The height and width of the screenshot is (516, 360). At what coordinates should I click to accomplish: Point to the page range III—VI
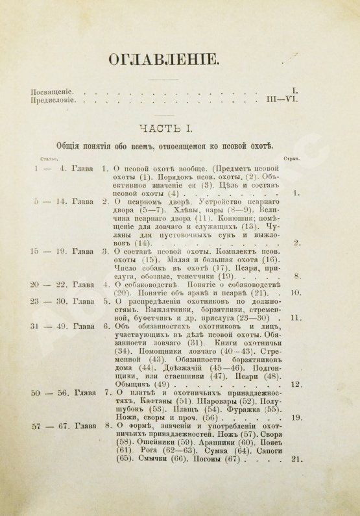(283, 101)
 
